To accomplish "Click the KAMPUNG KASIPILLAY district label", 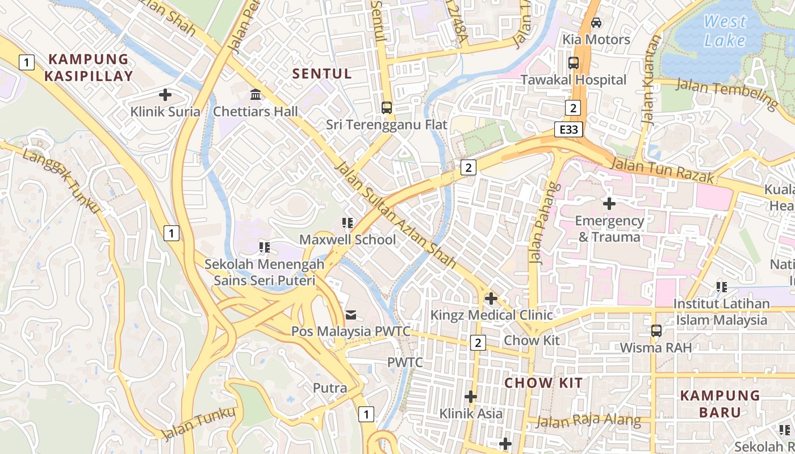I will [90, 68].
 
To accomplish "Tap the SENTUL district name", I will [322, 73].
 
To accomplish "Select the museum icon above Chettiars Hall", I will [256, 94].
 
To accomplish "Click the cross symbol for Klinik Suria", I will [165, 94].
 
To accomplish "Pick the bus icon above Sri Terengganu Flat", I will [387, 107].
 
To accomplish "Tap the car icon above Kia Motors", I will [596, 23].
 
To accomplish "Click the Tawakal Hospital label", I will [574, 80].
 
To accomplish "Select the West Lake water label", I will [725, 31].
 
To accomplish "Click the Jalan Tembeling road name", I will [727, 94].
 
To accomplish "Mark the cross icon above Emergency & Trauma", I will [609, 203].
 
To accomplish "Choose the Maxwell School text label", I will [348, 239].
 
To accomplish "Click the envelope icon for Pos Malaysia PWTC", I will [351, 314].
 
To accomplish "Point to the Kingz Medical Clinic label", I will [491, 315].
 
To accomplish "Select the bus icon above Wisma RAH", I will [656, 330].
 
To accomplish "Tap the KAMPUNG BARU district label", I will [719, 403].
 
